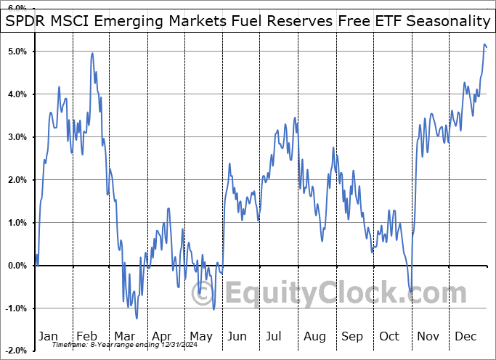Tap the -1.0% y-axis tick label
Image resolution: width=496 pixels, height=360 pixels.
click(15, 308)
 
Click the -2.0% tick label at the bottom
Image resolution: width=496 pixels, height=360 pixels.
click(15, 351)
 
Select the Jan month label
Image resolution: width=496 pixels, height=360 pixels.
click(48, 336)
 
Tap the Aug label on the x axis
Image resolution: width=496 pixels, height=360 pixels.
click(315, 336)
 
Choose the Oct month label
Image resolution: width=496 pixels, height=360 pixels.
click(391, 336)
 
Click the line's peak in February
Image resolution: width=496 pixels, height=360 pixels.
click(92, 53)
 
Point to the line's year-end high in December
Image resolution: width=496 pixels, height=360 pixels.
click(484, 45)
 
